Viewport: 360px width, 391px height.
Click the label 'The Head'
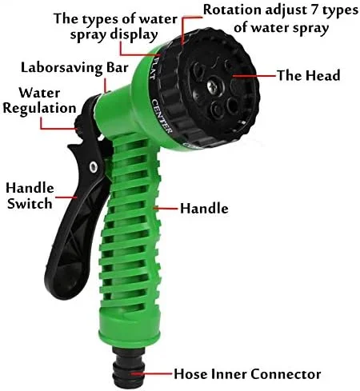click(309, 75)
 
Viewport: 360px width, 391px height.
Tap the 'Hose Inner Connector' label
click(247, 373)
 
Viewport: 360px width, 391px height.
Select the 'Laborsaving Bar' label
click(74, 68)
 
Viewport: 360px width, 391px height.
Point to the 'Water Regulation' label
click(39, 101)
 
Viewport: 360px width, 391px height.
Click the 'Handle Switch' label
click(30, 196)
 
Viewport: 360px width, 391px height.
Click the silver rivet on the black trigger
click(94, 167)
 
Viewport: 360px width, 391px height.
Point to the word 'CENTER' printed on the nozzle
click(162, 116)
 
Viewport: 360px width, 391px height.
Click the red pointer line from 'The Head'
click(254, 76)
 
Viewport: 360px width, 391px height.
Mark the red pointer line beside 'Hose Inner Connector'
click(152, 373)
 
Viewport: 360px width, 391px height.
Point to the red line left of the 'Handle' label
click(166, 208)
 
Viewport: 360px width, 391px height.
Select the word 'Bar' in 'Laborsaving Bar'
click(118, 67)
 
